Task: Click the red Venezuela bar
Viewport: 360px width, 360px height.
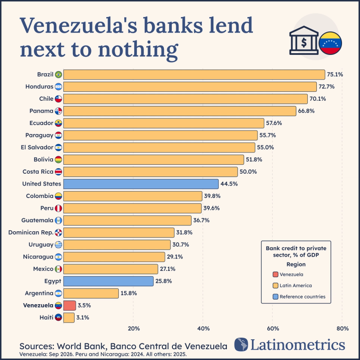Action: (70, 306)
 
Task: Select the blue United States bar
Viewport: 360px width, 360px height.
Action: (141, 184)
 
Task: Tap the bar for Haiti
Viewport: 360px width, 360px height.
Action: (69, 318)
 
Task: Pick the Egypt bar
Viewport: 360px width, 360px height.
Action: (108, 281)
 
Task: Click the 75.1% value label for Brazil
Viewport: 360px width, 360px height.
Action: (335, 74)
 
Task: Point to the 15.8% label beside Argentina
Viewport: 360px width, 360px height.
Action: (129, 293)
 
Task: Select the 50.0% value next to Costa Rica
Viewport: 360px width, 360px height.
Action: (248, 172)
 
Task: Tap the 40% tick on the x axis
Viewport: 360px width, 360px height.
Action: (203, 328)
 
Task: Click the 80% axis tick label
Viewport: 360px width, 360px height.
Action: (342, 328)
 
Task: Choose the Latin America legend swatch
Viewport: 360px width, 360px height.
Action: (275, 285)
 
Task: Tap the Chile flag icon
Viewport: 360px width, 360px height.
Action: (58, 99)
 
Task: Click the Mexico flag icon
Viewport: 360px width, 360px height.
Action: (58, 269)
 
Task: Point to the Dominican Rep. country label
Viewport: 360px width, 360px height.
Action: (31, 233)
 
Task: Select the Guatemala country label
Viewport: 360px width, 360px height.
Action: (37, 220)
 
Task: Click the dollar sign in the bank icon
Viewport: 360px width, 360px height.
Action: (304, 43)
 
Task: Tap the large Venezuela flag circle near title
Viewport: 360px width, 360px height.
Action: (330, 43)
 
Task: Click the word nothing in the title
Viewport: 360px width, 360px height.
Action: (138, 50)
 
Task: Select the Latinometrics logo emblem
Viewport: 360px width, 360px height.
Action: (241, 344)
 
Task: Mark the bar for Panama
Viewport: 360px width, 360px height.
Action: (180, 111)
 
